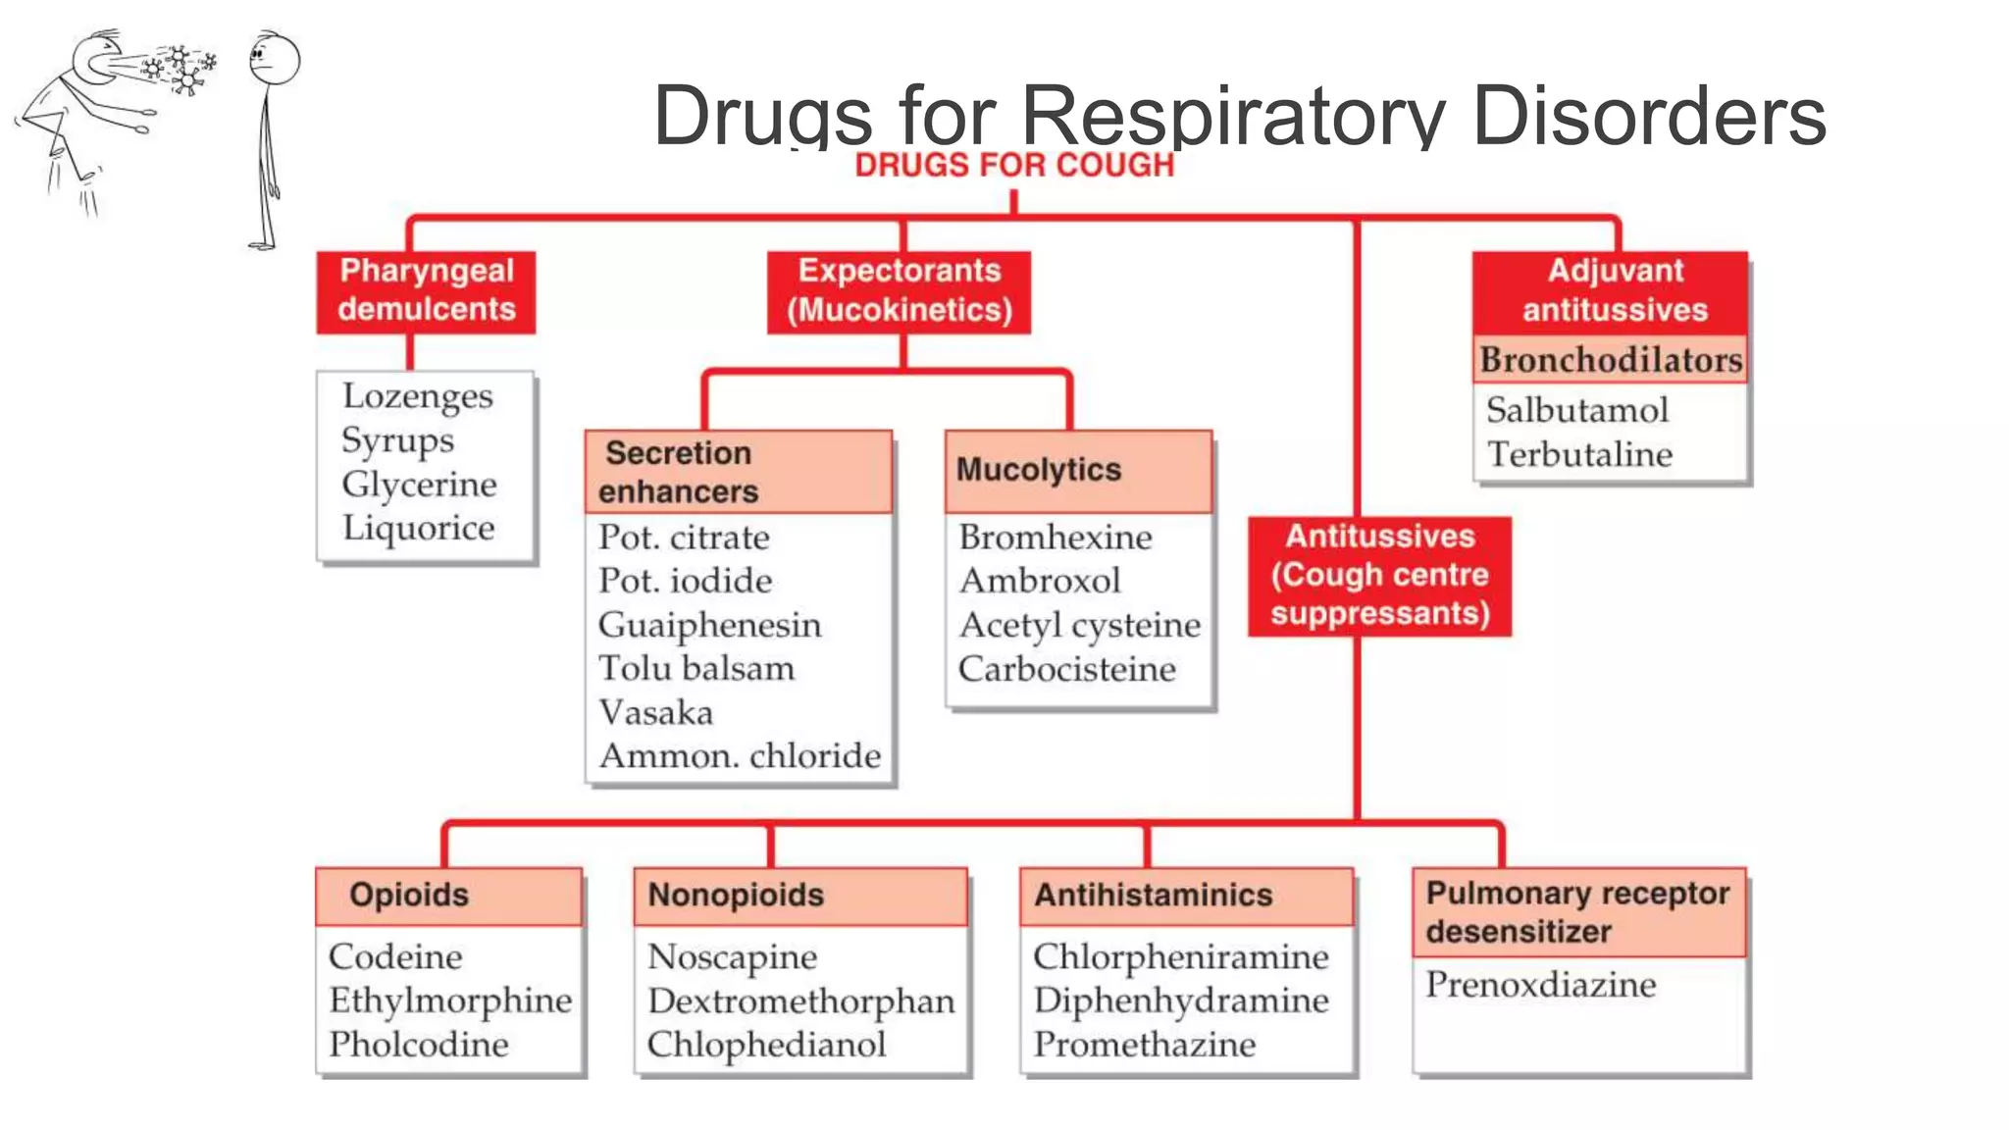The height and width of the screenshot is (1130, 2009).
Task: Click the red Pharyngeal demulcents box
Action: pos(426,291)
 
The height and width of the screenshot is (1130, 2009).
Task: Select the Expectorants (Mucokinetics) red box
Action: pos(899,291)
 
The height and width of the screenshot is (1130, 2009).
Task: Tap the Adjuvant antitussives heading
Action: pos(1614,291)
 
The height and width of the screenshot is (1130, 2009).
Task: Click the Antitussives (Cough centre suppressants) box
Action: pos(1379,576)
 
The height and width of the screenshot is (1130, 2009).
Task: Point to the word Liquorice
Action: pos(419,529)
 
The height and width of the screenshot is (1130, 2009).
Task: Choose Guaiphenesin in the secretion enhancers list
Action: pos(709,626)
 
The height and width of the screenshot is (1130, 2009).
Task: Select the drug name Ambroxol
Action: pos(1040,582)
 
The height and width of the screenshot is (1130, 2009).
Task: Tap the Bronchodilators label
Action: pos(1611,360)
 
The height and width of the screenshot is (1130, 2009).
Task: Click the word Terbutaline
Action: pos(1579,455)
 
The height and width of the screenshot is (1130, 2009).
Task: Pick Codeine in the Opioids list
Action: pos(395,957)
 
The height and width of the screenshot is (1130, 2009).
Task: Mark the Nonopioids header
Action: pos(736,896)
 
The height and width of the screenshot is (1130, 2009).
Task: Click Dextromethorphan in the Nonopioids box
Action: pos(800,1002)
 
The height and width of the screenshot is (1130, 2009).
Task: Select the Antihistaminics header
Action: pos(1153,896)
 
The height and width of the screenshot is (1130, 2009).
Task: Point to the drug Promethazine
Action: pos(1144,1045)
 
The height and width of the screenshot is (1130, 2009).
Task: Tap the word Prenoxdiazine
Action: pos(1540,985)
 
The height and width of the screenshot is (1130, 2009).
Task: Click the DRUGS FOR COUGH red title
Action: pos(1014,166)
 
